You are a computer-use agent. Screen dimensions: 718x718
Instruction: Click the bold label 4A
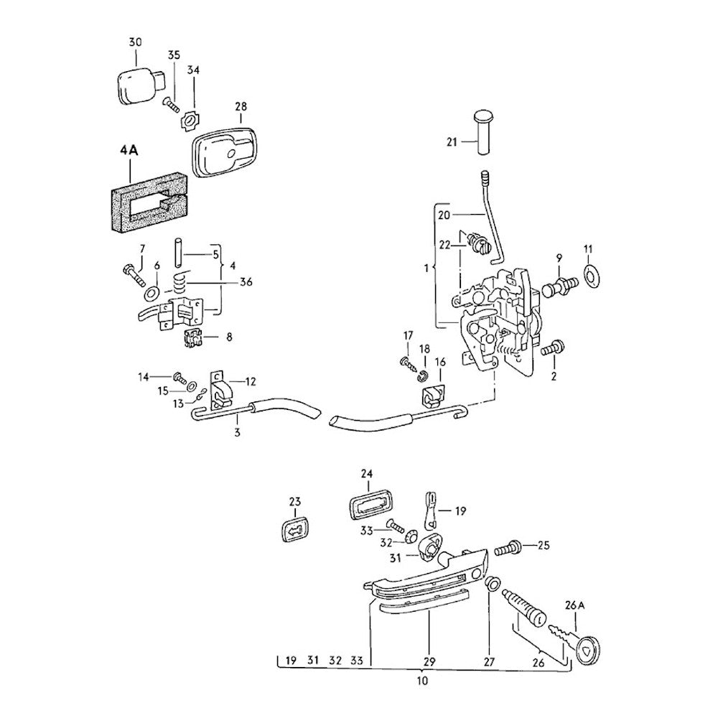129,153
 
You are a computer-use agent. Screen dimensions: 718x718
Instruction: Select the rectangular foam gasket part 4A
119,205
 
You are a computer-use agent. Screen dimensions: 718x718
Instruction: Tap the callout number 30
136,42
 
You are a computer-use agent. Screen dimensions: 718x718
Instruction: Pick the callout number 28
240,106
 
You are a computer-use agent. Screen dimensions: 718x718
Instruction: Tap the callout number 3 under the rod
237,432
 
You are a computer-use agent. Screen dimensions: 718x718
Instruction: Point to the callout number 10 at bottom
422,680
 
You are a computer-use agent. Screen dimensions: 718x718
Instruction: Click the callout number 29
429,661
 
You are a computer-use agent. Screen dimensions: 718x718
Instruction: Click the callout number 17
408,335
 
